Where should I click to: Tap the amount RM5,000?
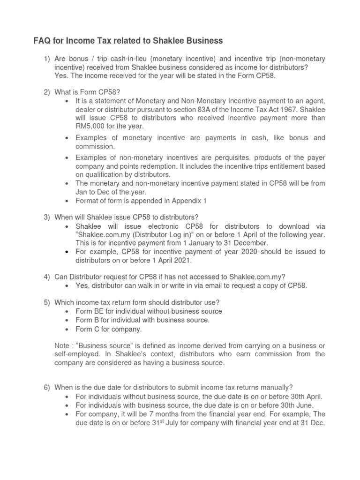tap(91, 126)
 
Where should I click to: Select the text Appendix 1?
tap(178, 201)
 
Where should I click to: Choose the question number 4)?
tap(45, 277)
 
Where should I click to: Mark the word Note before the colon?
tap(63, 345)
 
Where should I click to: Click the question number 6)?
tap(45, 388)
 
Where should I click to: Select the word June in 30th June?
tap(303, 405)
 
